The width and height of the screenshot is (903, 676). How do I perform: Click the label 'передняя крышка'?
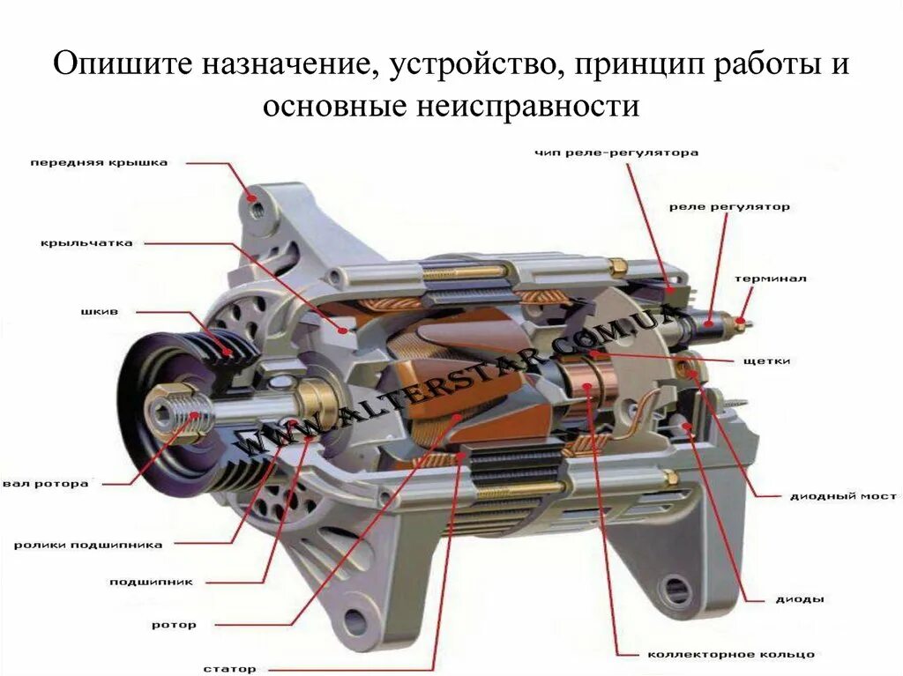(99, 163)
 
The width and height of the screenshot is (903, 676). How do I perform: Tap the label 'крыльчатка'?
(86, 243)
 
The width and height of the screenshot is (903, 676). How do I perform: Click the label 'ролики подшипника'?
(88, 545)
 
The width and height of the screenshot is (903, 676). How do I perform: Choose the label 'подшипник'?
(151, 582)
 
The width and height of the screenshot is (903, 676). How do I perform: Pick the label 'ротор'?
(174, 625)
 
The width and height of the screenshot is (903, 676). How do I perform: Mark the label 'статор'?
(229, 669)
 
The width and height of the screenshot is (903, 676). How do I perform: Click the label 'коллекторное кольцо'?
(731, 654)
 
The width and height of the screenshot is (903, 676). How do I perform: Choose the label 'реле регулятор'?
(729, 207)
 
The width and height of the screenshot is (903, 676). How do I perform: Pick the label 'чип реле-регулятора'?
(616, 152)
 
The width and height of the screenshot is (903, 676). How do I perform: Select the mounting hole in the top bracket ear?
(255, 210)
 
